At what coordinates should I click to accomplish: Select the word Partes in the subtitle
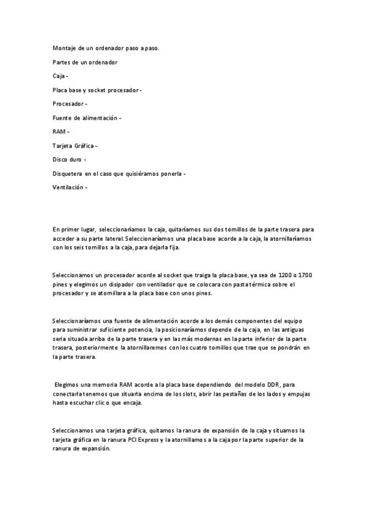tap(62, 62)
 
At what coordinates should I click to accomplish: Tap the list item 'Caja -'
tap(61, 76)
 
